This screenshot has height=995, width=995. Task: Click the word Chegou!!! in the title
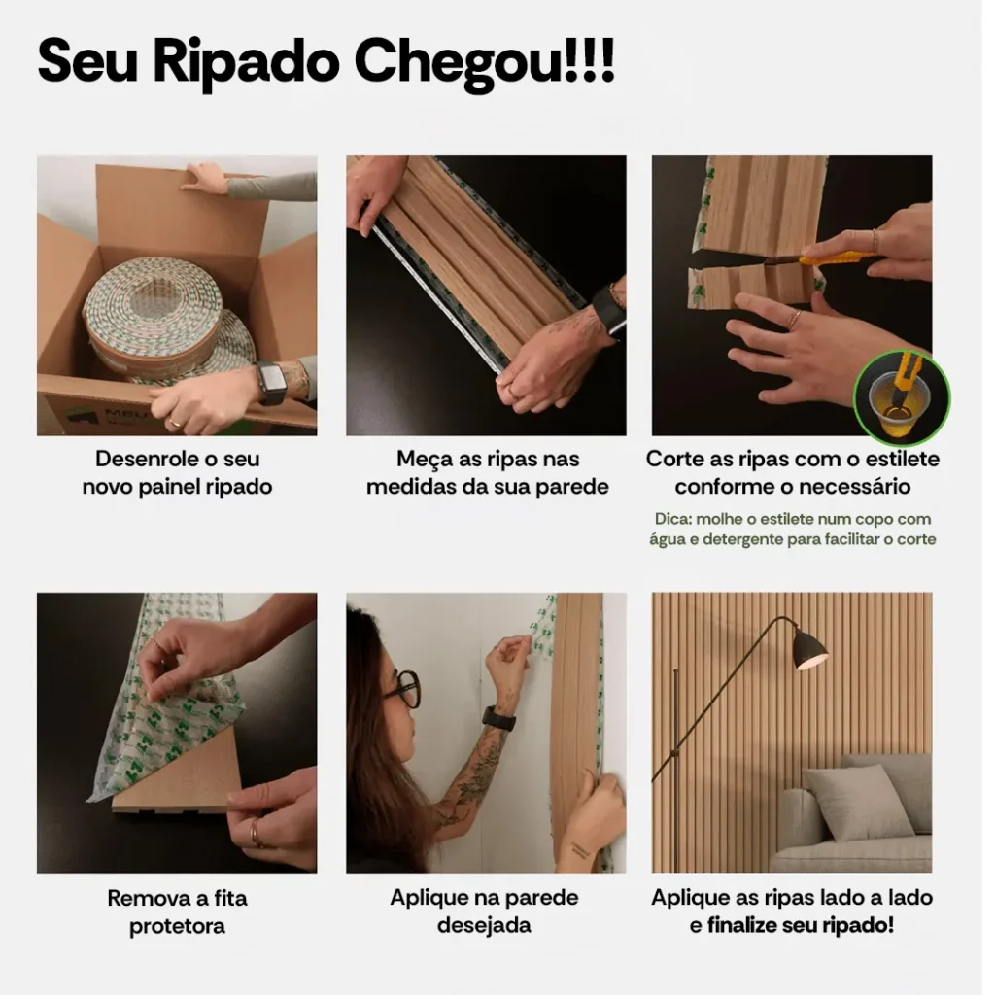[x=483, y=61]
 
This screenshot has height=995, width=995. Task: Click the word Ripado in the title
[x=251, y=63]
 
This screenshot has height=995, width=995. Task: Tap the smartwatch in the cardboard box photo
[x=271, y=383]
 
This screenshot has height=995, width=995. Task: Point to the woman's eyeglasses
[x=404, y=689]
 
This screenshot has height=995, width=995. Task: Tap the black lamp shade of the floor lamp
[x=808, y=648]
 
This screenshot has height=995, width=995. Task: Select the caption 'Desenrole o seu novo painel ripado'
[x=177, y=472]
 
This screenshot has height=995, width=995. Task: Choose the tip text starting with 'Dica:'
[x=792, y=529]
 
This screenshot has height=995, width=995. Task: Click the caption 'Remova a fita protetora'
[x=177, y=911]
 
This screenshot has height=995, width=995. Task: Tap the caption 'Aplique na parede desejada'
[x=484, y=910]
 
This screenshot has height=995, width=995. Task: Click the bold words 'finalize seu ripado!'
[x=801, y=925]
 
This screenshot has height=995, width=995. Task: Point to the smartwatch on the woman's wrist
[x=498, y=719]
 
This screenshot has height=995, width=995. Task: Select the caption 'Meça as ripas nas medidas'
[x=487, y=472]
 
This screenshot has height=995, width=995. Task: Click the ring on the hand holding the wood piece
[x=255, y=832]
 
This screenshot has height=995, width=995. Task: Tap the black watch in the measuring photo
[x=608, y=311]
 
